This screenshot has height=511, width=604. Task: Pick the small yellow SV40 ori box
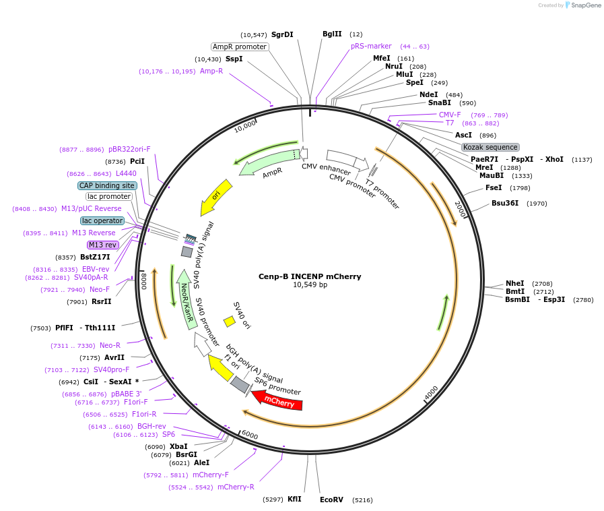230,322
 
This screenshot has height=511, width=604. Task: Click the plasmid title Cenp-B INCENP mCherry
310,276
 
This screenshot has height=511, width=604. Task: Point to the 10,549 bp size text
310,285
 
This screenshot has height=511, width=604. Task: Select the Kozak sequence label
490,147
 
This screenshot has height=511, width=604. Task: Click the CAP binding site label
107,185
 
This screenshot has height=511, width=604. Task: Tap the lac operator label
102,220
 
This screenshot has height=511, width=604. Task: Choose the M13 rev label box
102,245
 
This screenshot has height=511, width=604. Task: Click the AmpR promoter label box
240,47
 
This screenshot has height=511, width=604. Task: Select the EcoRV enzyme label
331,500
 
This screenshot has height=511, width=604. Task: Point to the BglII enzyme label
332,34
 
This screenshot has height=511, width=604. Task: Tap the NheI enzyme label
514,283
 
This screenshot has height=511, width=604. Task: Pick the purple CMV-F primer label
450,115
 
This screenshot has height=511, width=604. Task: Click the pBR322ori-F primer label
129,149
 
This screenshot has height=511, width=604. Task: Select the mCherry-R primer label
236,487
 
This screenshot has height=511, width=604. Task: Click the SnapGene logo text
584,5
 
